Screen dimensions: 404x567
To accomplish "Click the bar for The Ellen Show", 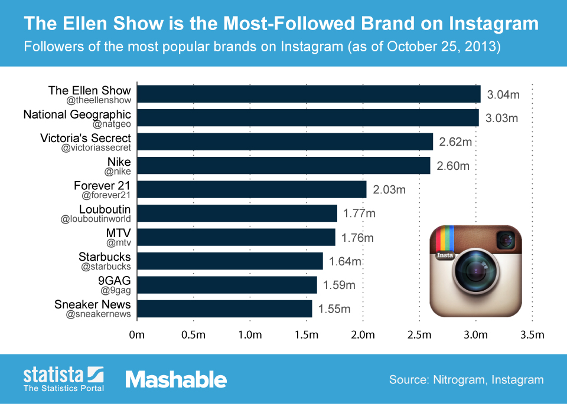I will click(x=308, y=94).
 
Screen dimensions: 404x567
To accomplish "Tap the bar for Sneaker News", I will click(x=224, y=308).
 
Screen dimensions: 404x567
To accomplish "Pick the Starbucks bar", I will click(x=230, y=261).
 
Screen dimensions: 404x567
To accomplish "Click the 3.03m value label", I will click(x=501, y=118).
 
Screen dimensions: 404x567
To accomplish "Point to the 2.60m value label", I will click(x=453, y=166).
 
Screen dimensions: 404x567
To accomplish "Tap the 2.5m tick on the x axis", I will click(x=419, y=336).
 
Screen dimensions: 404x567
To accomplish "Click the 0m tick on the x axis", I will click(x=137, y=336).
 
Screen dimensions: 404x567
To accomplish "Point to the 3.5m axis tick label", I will click(x=532, y=336).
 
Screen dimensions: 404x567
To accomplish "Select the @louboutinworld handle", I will click(x=96, y=219).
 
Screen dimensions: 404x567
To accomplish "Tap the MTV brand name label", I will click(x=118, y=233).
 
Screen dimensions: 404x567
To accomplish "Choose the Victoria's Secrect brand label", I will click(x=86, y=138).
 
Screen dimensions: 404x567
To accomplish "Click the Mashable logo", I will click(x=176, y=380).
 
